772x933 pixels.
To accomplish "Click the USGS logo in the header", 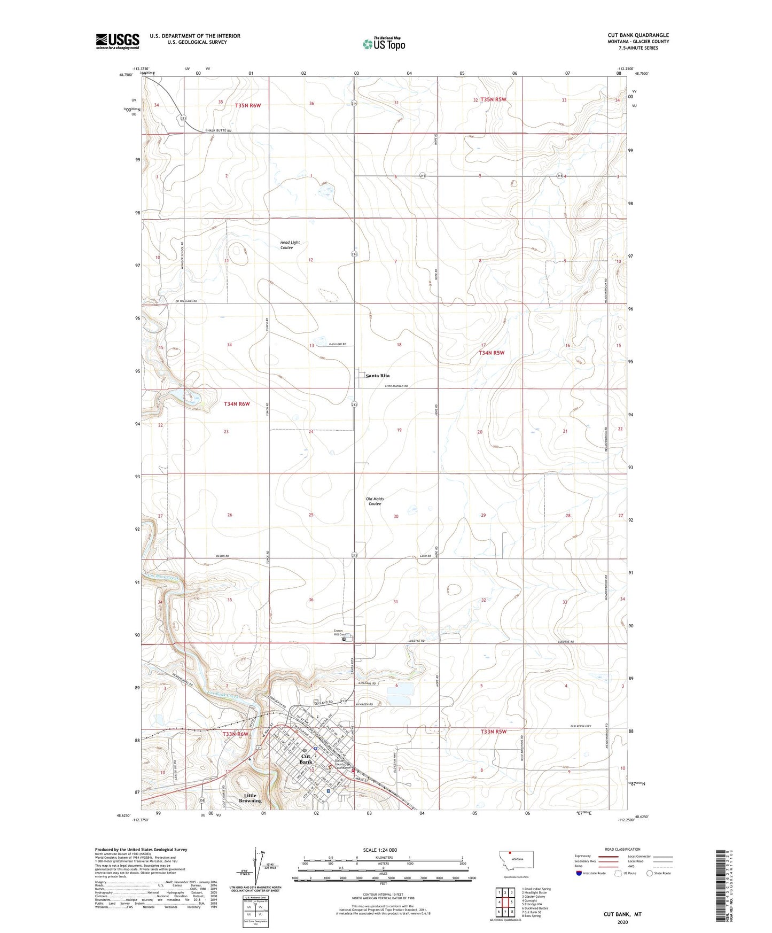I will click(x=118, y=41).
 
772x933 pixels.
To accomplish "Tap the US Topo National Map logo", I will click(x=384, y=44).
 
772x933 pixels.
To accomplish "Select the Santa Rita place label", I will click(x=378, y=376).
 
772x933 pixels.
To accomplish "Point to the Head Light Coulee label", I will click(x=290, y=245).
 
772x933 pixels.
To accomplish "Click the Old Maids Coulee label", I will click(x=375, y=501).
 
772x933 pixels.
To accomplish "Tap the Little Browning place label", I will click(x=250, y=798).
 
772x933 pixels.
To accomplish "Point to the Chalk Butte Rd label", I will click(x=219, y=131).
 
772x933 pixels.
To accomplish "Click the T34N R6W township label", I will click(x=237, y=404).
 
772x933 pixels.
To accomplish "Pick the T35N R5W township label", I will click(x=493, y=99).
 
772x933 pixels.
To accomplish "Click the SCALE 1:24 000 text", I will click(x=380, y=850).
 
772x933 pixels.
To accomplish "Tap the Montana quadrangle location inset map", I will click(x=516, y=862).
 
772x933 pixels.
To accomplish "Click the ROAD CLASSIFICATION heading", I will click(x=622, y=849).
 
